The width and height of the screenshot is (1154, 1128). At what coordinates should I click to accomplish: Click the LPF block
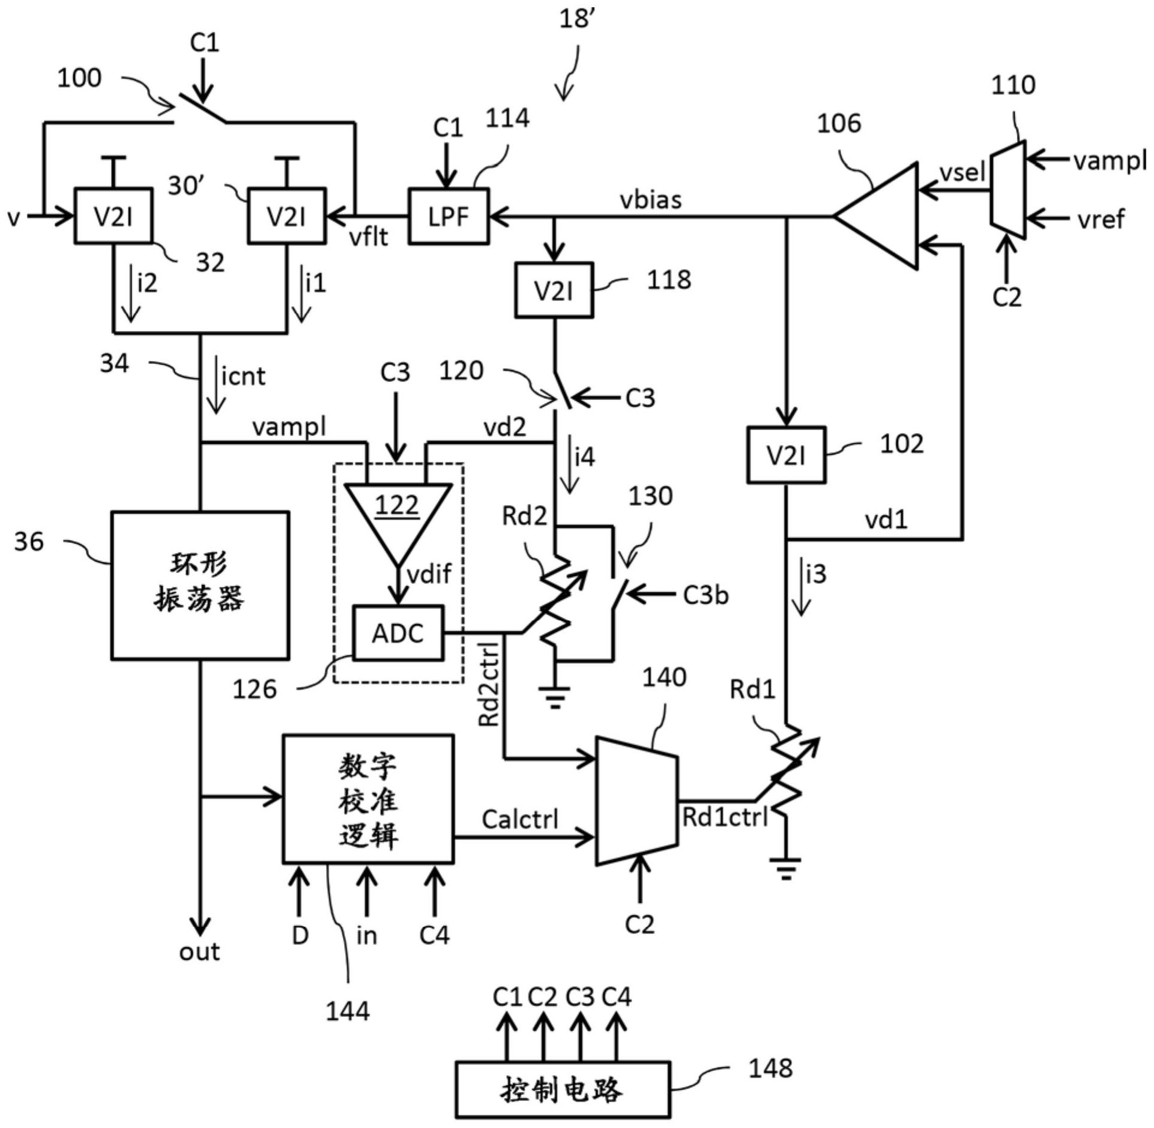(449, 216)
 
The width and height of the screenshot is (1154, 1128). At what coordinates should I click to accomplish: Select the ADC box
(398, 633)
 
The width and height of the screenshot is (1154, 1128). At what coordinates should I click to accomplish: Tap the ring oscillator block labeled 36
(200, 586)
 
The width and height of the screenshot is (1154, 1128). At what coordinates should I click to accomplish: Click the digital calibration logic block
(368, 799)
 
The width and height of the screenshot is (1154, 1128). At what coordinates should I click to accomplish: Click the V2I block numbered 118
(554, 291)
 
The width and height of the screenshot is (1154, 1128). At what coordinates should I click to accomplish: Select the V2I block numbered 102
(786, 455)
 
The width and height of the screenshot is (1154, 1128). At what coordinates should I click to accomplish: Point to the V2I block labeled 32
(113, 216)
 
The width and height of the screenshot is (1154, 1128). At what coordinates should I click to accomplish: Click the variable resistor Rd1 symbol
(787, 775)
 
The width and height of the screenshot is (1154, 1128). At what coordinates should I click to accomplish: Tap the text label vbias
(651, 200)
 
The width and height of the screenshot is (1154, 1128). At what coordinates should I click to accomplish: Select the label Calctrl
(520, 819)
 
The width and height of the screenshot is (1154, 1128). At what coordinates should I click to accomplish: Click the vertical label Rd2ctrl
(490, 685)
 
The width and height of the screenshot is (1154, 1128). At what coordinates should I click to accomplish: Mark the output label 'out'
(199, 951)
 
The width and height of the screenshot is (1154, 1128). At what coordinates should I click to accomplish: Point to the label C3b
(705, 595)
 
